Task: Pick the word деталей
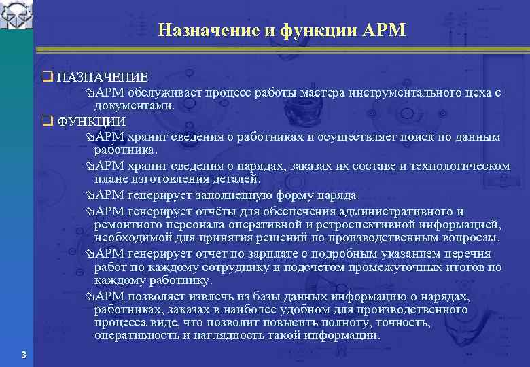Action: click(236, 179)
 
